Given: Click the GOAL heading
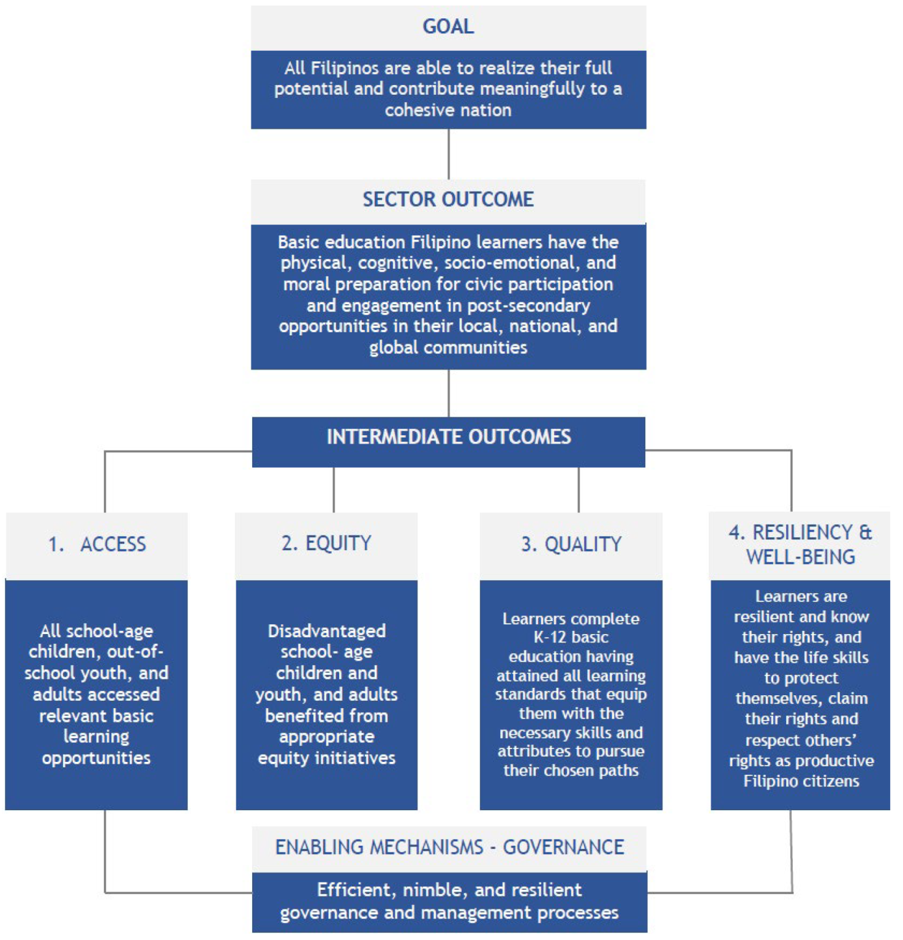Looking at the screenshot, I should click(448, 27).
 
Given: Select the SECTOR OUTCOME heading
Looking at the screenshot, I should click(448, 200).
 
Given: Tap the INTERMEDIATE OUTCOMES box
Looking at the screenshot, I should click(448, 437).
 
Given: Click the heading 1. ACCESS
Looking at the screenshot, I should click(97, 544).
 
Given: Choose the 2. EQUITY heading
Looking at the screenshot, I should click(326, 543).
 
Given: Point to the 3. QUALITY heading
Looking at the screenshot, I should click(571, 544).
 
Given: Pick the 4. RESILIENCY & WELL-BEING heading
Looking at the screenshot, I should click(800, 545).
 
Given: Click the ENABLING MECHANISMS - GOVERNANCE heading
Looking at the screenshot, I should click(449, 847).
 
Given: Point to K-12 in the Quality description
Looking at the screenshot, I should click(550, 637).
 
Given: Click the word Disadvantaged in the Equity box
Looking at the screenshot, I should click(327, 631).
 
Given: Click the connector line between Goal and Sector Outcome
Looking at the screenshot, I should click(449, 154).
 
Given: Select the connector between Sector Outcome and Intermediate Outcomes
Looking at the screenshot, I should click(449, 394).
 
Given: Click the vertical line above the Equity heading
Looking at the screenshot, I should click(334, 490).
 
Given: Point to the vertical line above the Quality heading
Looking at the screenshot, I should click(579, 490).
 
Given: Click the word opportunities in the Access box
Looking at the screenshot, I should click(96, 758).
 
